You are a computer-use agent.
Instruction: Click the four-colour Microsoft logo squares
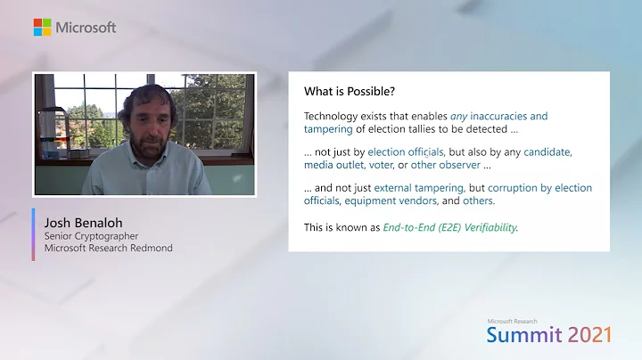click(x=42, y=27)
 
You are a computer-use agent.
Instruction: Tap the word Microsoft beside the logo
click(x=86, y=27)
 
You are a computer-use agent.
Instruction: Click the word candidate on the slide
click(x=547, y=152)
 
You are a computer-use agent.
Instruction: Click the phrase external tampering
click(x=419, y=188)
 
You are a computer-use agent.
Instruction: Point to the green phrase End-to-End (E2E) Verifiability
click(x=449, y=226)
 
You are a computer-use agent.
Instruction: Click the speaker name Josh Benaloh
click(x=81, y=222)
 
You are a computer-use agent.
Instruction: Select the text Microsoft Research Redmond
click(x=109, y=248)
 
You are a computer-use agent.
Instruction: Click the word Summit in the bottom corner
click(x=524, y=334)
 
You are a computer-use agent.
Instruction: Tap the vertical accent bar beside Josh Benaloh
click(x=34, y=234)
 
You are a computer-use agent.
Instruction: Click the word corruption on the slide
click(x=512, y=188)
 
